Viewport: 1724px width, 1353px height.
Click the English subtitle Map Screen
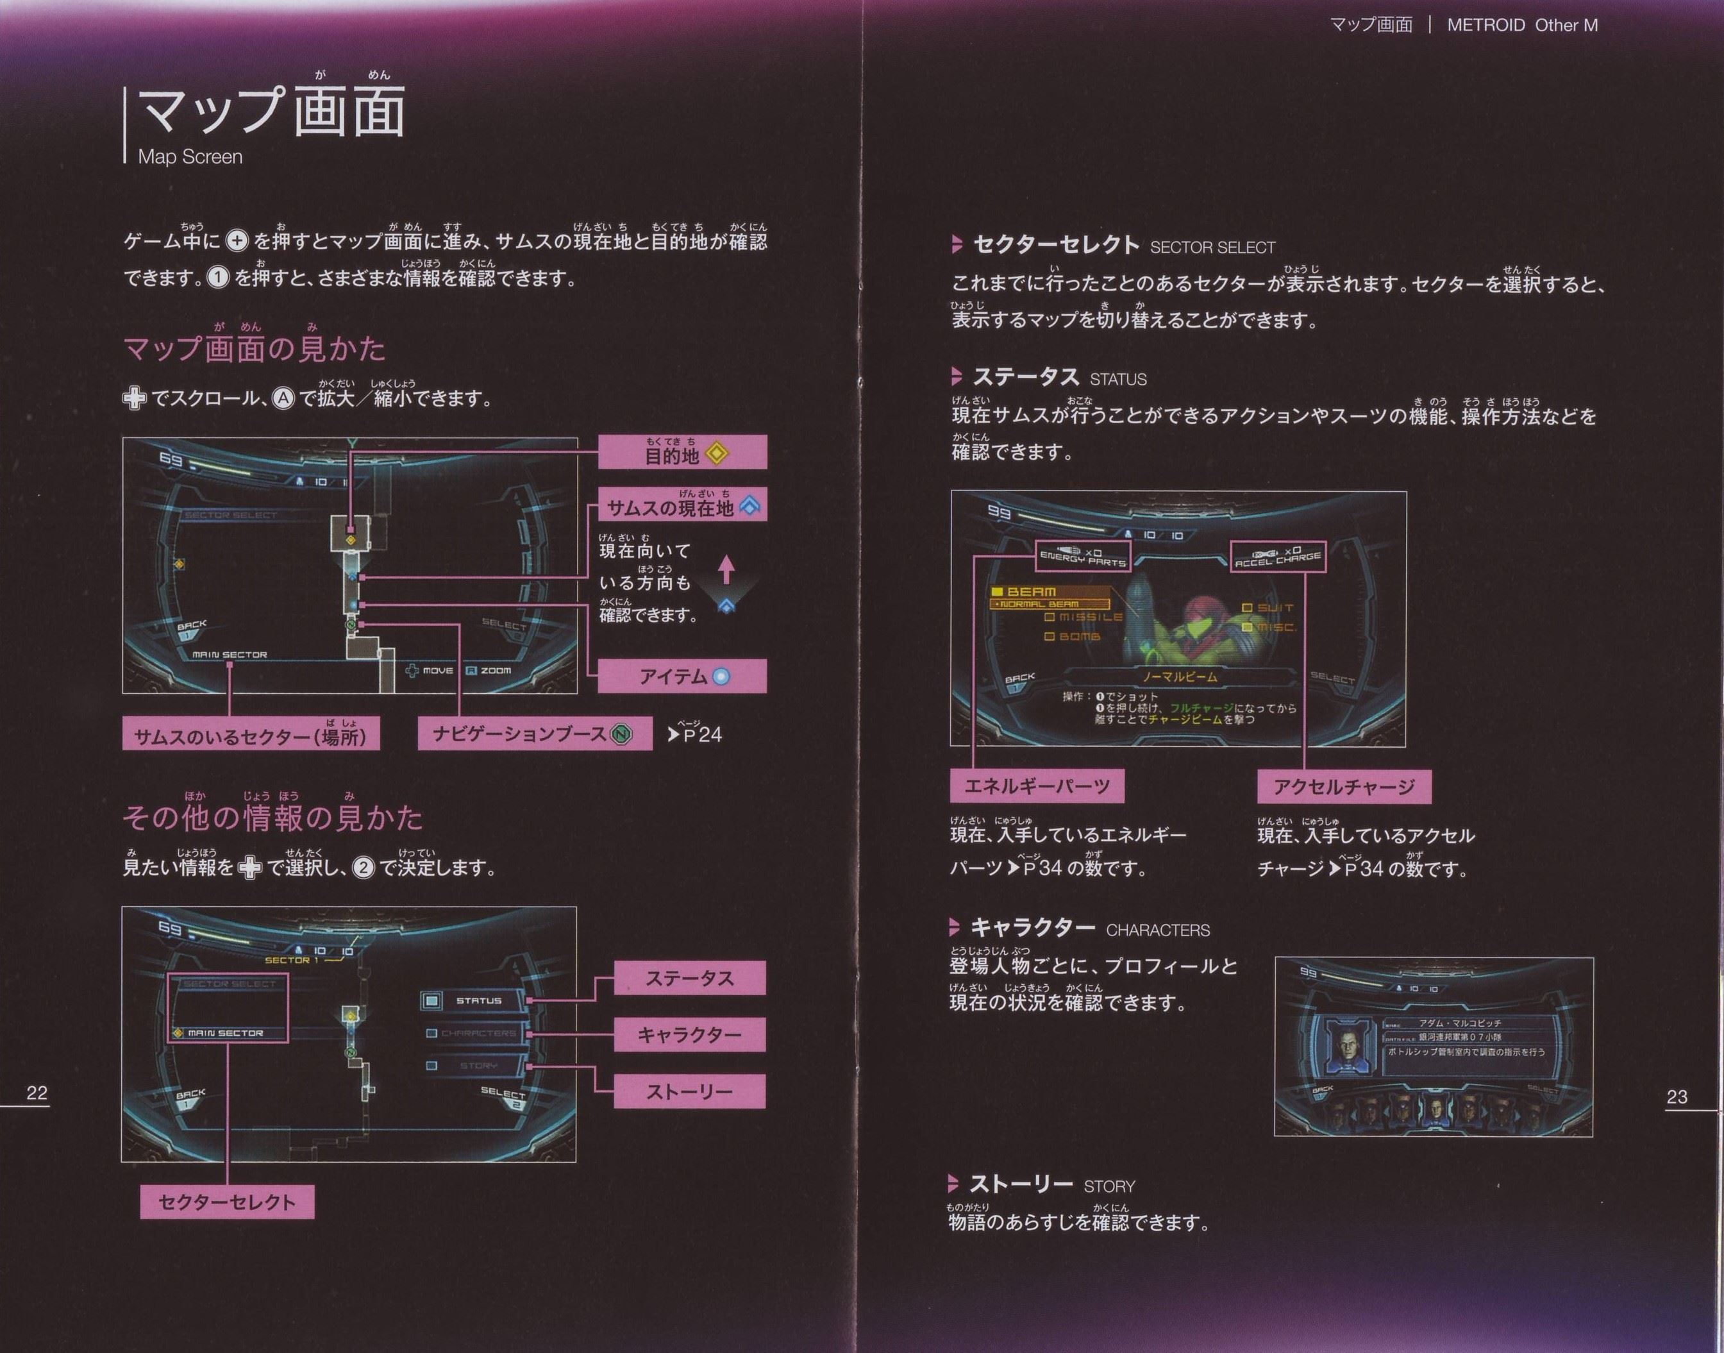(190, 157)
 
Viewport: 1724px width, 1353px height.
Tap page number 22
(37, 1093)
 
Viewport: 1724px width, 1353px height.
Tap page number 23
(1677, 1097)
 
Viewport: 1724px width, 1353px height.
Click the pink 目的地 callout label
(682, 453)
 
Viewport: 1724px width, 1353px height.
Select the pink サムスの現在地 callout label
(682, 506)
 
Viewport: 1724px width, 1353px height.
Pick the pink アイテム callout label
(682, 676)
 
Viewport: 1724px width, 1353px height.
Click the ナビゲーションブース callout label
(535, 734)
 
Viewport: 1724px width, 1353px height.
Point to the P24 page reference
(695, 734)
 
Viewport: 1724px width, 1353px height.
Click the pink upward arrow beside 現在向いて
(726, 569)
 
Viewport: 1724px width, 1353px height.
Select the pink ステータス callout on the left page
(689, 979)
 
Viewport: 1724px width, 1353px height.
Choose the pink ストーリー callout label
(689, 1091)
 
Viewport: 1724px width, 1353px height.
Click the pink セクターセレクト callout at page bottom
(227, 1202)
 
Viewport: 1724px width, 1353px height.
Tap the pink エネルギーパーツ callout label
(1037, 787)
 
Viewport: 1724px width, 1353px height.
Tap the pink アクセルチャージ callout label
(1344, 787)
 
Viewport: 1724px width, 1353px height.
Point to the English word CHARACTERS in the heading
(1158, 930)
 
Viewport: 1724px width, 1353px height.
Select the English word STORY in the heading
(1109, 1187)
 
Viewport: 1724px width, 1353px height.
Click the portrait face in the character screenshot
(1346, 1047)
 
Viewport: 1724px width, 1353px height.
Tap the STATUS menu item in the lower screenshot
(478, 1001)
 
